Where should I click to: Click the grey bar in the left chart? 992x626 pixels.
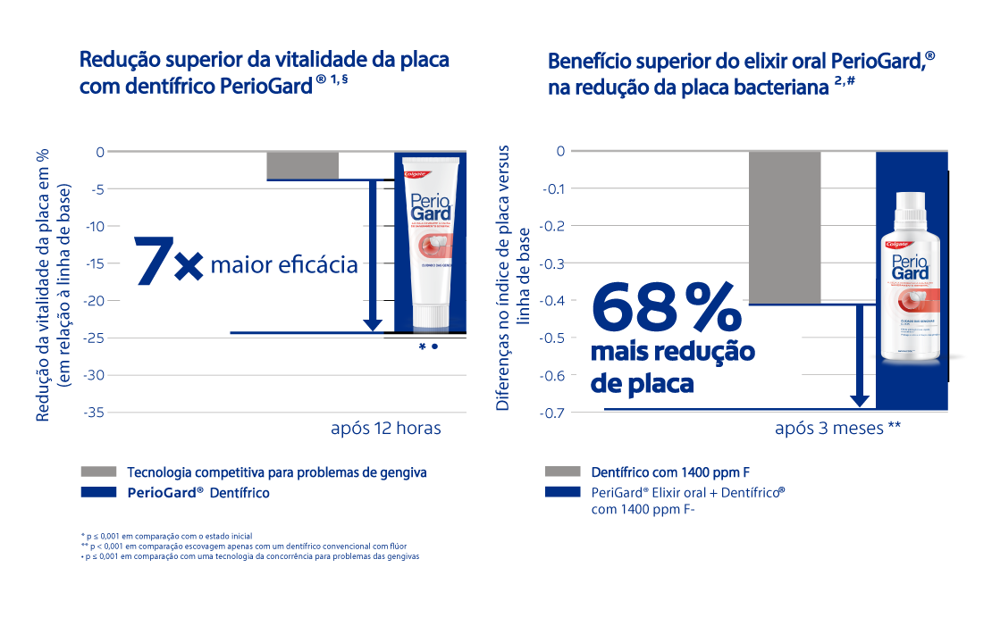coord(302,165)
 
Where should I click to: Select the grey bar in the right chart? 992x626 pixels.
coord(784,227)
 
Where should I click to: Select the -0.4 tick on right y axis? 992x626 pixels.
coord(554,300)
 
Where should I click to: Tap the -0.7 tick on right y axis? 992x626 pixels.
coord(554,412)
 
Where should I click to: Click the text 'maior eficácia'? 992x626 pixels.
coord(283,265)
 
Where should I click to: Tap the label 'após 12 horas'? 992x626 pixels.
coord(385,429)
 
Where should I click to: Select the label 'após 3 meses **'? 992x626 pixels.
coord(837,429)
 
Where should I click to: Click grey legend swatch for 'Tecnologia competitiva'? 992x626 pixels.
coord(98,472)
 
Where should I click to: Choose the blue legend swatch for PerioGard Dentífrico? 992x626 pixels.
coord(98,492)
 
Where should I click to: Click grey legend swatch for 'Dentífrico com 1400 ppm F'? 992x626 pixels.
coord(562,472)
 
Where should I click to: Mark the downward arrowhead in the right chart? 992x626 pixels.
coord(860,400)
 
